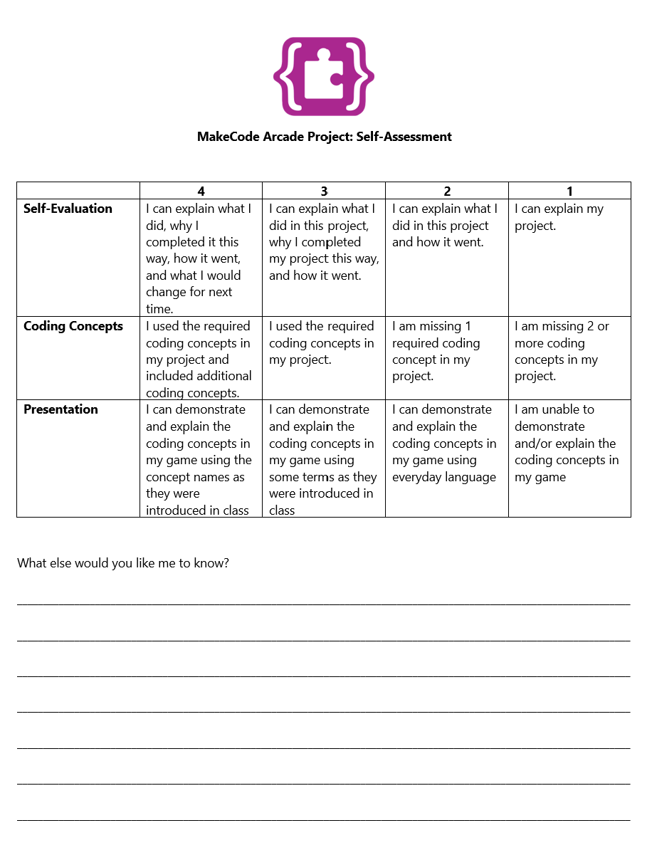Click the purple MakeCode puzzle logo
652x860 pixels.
coord(324,76)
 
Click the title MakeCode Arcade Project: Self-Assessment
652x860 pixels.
coord(324,137)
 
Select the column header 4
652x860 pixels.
coord(201,191)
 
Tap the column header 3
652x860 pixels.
coord(324,191)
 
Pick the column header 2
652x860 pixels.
coord(447,191)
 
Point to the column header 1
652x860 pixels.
coord(569,191)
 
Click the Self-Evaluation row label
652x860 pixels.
coord(68,209)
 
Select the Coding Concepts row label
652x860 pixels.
coord(73,326)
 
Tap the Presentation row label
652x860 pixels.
coord(61,409)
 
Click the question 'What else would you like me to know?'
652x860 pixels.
coord(123,563)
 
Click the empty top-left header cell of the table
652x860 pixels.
coord(78,191)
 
